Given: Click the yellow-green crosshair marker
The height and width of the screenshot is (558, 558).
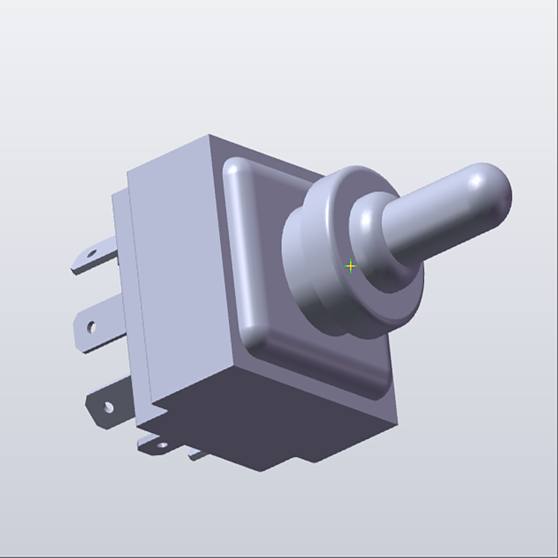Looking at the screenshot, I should pos(350,266).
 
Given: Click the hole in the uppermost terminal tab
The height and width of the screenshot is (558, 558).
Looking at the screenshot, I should pos(92,254).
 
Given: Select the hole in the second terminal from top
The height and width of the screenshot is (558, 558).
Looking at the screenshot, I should pos(92,326).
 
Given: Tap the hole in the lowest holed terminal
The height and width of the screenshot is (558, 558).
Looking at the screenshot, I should pos(163,445).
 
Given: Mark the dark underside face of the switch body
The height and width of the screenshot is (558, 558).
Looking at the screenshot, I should pos(268,413).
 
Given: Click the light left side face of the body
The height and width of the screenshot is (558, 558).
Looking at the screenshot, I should pos(179,268).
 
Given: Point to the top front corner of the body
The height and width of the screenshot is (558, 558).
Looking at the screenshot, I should pos(209,136).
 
